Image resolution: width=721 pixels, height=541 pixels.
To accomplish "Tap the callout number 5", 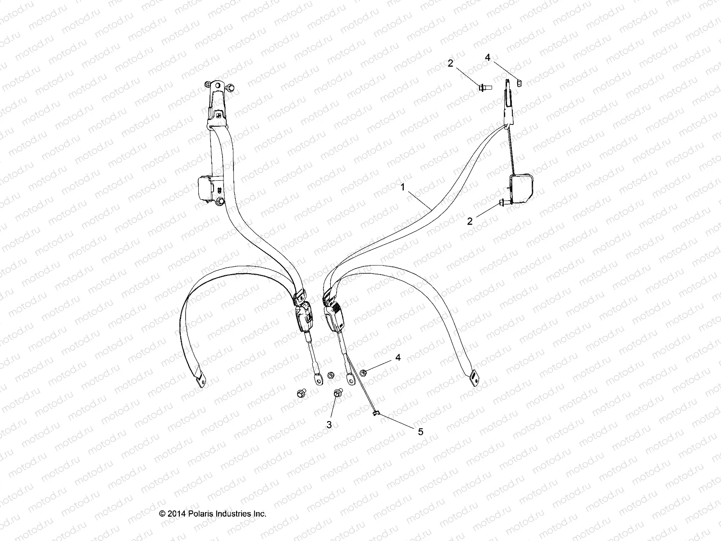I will coord(420,431).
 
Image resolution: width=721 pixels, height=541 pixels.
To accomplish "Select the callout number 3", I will coord(329,425).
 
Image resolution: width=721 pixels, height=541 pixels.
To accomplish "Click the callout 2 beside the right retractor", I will coord(470,221).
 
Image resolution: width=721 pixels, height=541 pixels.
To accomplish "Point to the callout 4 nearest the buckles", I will coord(398,358).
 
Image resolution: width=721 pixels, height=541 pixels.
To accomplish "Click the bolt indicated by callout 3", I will coord(338,394).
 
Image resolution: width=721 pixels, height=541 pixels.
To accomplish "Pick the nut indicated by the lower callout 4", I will coord(363,371).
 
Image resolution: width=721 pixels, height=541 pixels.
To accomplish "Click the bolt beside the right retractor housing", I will coord(502,204).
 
